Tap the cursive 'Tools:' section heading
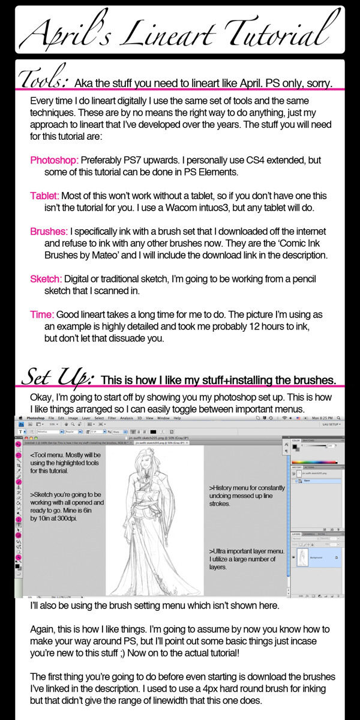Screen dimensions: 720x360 tap(45, 80)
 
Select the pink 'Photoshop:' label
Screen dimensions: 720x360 tap(54, 161)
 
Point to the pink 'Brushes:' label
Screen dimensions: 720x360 tap(49, 231)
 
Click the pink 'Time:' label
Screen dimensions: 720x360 tap(42, 314)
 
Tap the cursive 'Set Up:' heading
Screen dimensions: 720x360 tap(56, 377)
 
